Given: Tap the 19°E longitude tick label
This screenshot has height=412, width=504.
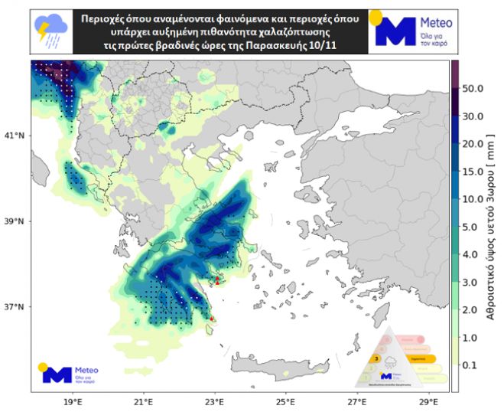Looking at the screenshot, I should (73, 401).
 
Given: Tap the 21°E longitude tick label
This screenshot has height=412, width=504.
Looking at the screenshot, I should (144, 401).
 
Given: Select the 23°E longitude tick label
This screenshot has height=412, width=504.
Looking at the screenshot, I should (215, 401).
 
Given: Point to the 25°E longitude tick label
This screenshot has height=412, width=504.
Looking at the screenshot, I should (286, 401).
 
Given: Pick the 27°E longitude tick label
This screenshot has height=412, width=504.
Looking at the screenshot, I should (357, 401).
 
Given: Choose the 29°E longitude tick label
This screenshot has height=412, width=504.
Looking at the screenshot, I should (428, 401).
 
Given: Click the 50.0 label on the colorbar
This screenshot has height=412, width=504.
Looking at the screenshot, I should (472, 89).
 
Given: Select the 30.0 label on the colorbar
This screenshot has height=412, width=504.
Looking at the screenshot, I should (472, 116).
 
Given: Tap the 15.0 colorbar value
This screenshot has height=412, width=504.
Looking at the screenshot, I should (472, 172).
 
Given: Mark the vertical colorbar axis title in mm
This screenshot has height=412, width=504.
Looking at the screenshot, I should (493, 230).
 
